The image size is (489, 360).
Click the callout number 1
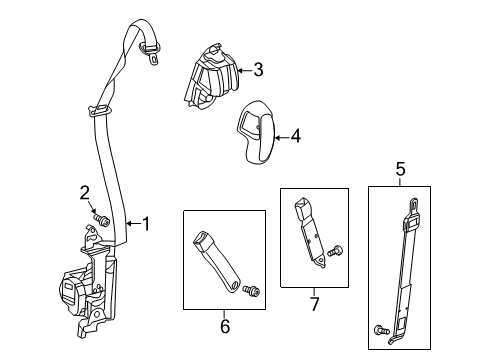click(x=146, y=224)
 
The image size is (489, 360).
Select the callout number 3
click(x=257, y=69)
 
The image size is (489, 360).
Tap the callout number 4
click(x=295, y=140)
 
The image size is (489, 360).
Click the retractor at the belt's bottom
click(x=90, y=290)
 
